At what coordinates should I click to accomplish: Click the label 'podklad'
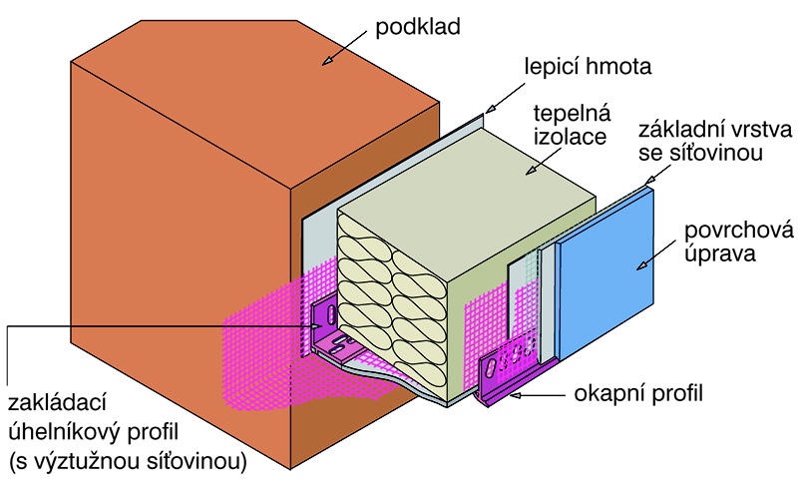coord(417,27)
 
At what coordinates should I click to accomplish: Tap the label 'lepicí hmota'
coord(588,67)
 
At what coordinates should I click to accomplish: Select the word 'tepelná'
coord(572,114)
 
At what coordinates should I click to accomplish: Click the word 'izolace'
coord(570,137)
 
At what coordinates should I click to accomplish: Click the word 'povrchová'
coord(738,231)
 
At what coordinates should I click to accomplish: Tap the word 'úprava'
coord(719,253)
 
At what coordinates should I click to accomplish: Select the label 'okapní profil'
coord(638,393)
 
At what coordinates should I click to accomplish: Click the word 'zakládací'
coord(57,402)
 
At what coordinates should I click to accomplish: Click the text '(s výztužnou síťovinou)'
coord(128,462)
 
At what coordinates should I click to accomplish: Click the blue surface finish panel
coord(605,275)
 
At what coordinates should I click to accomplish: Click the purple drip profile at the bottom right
coord(509,372)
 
